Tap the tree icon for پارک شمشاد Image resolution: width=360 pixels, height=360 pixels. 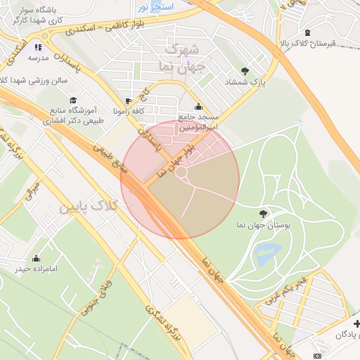pyautogui.click(x=245, y=70)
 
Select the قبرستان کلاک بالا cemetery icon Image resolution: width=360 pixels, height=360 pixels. pyautogui.click(x=307, y=32)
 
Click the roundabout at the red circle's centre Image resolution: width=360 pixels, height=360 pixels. pyautogui.click(x=181, y=172)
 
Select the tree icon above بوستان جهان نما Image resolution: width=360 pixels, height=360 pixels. pyautogui.click(x=264, y=213)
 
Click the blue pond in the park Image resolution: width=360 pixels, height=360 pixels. pyautogui.click(x=268, y=254)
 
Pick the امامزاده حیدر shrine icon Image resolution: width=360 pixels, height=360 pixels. pyautogui.click(x=37, y=258)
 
